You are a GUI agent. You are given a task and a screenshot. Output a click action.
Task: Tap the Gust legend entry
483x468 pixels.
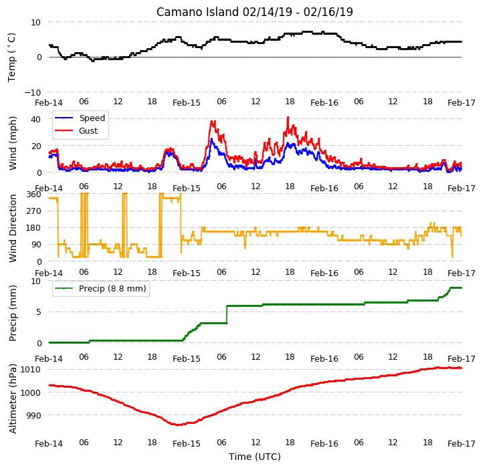click(76, 130)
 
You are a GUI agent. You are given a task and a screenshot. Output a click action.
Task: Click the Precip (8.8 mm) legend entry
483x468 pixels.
click(100, 289)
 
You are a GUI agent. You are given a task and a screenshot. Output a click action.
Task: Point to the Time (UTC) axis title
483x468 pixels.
click(254, 456)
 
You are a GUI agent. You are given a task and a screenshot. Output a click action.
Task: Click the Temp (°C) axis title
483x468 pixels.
click(11, 57)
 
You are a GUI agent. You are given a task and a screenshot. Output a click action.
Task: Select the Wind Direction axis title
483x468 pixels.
click(13, 228)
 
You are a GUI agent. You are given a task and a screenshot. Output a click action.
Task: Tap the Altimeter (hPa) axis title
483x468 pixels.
click(13, 398)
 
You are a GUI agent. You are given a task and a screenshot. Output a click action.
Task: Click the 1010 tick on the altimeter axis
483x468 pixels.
click(30, 370)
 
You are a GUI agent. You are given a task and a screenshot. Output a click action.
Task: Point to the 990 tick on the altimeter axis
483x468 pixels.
click(33, 415)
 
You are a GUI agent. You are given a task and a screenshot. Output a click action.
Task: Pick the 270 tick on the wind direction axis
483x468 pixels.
click(34, 211)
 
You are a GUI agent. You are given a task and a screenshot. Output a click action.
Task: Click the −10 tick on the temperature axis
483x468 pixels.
click(33, 92)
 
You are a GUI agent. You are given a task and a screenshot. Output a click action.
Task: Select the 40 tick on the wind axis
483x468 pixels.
click(36, 119)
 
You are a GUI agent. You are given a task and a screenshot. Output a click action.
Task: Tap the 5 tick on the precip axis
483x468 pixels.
click(39, 312)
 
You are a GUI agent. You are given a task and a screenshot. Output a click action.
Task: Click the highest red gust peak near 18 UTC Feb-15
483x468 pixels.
click(288, 117)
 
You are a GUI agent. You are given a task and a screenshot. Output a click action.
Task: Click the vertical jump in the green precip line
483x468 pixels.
click(227, 314)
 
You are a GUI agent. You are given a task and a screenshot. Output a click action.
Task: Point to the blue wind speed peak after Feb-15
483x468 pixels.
click(211, 139)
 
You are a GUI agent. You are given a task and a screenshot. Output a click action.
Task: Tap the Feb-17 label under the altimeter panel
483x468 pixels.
click(461, 444)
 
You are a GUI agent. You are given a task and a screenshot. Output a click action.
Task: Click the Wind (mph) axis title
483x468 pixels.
click(13, 143)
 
